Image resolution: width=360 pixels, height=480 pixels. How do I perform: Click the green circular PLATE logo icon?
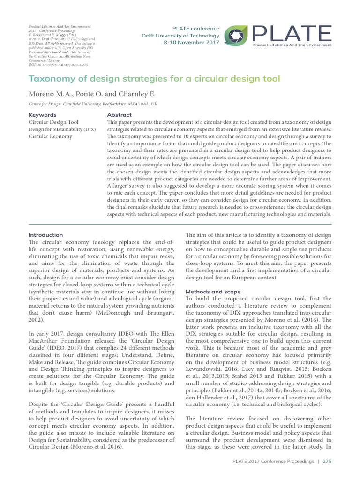236,36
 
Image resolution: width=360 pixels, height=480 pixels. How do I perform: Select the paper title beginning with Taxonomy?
154,78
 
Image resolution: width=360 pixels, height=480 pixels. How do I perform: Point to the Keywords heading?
43,115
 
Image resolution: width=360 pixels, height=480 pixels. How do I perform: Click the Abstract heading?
120,115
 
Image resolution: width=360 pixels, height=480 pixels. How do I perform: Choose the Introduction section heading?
45,235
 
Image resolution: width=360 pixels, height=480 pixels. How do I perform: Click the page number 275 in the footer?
327,462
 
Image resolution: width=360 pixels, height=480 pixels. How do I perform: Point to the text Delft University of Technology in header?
180,36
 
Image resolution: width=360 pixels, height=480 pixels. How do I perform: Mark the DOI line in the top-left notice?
58,65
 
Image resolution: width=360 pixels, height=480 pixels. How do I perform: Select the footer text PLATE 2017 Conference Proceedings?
273,462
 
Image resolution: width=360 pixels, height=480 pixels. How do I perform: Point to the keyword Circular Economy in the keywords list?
51,136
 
